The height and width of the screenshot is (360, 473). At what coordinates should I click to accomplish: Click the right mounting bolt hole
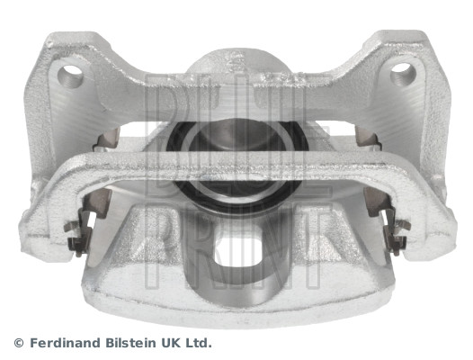tap(403, 74)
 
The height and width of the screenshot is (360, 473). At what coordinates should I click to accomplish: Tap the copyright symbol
tap(19, 343)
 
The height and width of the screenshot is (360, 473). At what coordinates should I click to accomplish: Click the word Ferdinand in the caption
tap(65, 343)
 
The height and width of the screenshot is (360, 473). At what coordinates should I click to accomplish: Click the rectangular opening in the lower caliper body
tap(236, 254)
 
